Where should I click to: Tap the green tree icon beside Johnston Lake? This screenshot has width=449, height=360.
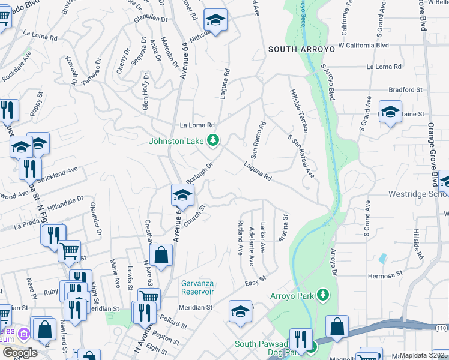212,140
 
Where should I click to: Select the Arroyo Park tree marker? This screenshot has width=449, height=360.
324,294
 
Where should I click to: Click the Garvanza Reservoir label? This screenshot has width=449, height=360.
198,287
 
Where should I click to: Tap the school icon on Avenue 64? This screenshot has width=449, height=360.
182,194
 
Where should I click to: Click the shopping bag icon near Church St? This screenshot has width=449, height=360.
161,255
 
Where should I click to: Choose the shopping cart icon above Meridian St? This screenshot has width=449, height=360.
149,296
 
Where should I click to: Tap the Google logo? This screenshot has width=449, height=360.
20,353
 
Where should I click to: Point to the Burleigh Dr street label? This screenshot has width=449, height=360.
200,172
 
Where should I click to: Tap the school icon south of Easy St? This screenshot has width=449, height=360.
240,311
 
